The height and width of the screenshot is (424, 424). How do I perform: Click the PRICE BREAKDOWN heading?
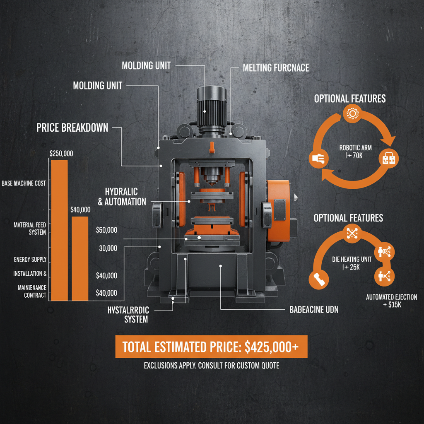[x=72, y=128]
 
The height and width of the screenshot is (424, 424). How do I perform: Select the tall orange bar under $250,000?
[x=59, y=230]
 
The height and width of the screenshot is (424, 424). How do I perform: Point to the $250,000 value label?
[x=61, y=153]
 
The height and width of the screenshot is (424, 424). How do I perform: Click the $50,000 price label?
[x=106, y=230]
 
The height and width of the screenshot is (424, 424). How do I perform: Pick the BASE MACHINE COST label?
[x=24, y=183]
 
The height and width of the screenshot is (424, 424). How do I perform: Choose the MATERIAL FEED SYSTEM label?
[x=30, y=229]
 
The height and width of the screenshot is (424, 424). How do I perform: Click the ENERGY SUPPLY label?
[x=30, y=260]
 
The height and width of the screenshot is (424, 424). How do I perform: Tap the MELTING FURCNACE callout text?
[x=276, y=67]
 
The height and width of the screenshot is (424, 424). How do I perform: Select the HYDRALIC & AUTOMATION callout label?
[x=122, y=197]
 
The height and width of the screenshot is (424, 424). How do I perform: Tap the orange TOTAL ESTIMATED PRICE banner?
[x=210, y=346]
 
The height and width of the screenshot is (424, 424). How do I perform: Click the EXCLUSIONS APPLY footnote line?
[x=212, y=366]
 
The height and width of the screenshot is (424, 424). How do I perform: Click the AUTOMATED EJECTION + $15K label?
[x=391, y=301]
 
